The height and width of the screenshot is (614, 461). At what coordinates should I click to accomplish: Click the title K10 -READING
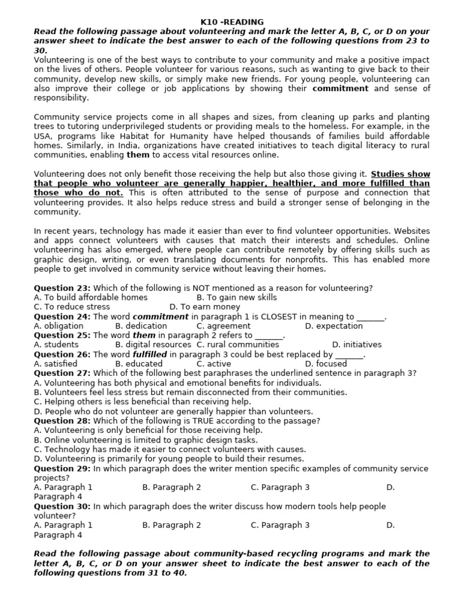(x=232, y=22)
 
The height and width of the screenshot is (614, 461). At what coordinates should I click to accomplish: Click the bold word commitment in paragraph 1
(x=340, y=89)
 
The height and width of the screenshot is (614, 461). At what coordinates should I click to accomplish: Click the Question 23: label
(x=62, y=288)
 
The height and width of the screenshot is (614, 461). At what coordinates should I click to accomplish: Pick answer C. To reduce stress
(x=71, y=307)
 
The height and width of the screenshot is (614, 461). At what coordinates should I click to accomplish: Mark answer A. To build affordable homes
(x=91, y=297)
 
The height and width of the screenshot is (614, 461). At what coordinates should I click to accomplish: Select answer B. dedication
(x=141, y=326)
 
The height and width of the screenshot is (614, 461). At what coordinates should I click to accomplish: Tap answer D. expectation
(x=334, y=326)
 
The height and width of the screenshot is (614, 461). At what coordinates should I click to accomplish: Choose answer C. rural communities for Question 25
(x=238, y=345)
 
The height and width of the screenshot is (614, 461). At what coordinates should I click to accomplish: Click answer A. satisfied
(x=55, y=364)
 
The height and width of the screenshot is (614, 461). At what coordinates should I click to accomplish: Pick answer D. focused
(x=326, y=364)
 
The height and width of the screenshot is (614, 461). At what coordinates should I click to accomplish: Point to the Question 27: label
(x=62, y=373)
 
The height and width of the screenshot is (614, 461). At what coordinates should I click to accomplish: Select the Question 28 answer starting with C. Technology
(x=170, y=449)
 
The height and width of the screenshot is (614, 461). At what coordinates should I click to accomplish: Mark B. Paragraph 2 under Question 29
(x=172, y=487)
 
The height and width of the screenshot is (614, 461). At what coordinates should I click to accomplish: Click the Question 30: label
(x=62, y=507)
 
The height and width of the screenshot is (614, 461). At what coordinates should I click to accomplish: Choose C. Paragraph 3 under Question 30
(x=280, y=525)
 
